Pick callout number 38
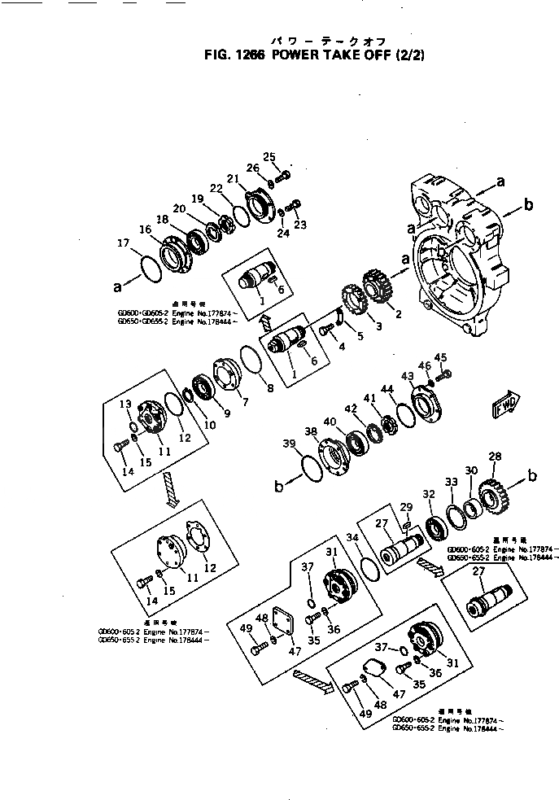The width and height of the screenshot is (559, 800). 310,431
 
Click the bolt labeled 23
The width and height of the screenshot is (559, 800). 295,204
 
